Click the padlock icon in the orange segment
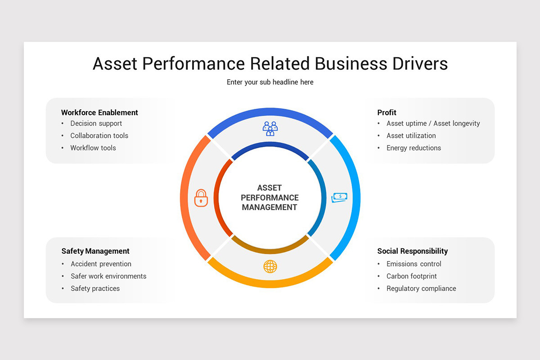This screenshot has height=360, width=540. [x=201, y=198]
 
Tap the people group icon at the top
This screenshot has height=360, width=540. [x=270, y=128]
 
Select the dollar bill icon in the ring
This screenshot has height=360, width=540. [x=339, y=198]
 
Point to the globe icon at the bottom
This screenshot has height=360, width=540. [x=270, y=266]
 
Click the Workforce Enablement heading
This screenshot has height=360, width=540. [x=99, y=112]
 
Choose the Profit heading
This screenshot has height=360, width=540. [x=387, y=112]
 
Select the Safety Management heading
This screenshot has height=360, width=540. [x=95, y=251]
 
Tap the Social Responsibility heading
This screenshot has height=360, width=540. [x=412, y=251]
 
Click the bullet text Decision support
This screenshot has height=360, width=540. [x=96, y=123]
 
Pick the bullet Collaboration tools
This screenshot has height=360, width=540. [x=99, y=135]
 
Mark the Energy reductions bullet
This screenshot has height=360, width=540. [x=414, y=148]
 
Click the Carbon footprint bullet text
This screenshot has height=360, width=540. [x=411, y=276]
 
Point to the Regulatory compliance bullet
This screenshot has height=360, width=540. [x=421, y=288]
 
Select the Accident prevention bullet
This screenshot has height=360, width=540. [x=101, y=264]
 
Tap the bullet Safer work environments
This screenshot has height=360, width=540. [x=108, y=276]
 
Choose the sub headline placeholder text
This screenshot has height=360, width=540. [x=270, y=82]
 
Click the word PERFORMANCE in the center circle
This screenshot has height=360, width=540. [x=270, y=198]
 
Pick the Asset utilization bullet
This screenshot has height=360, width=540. [x=411, y=135]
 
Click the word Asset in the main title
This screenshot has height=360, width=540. [x=115, y=63]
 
